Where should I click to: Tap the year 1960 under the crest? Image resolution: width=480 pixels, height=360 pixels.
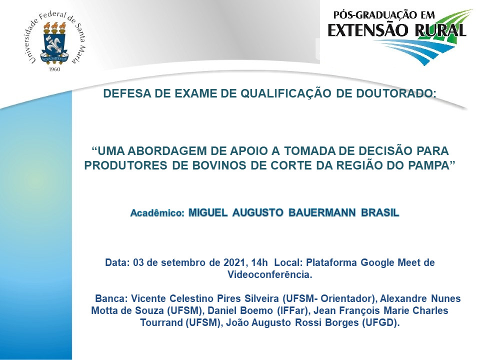tap(54, 69)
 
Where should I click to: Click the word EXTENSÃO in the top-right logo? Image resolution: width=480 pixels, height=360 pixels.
tap(368, 30)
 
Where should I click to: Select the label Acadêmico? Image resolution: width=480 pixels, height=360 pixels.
tap(157, 213)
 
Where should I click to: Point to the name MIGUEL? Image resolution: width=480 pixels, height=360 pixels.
tap(208, 212)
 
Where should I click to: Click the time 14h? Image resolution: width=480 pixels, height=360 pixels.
tap(259, 262)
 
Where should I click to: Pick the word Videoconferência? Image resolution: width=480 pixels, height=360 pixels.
tap(269, 274)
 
